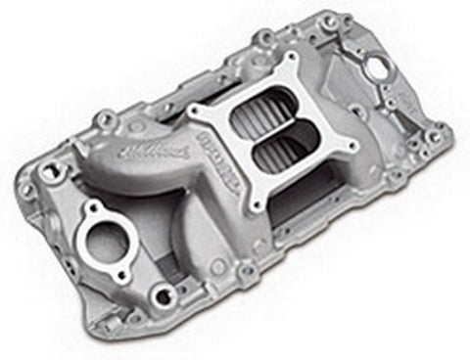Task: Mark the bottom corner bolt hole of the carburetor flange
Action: [x=252, y=206]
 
